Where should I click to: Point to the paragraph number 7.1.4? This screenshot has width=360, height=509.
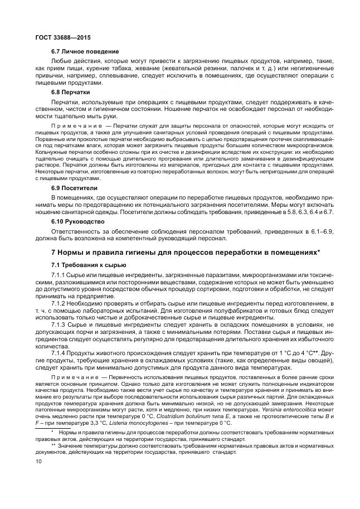pos(59,353)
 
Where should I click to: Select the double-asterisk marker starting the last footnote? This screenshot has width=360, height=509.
pos(53,445)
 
